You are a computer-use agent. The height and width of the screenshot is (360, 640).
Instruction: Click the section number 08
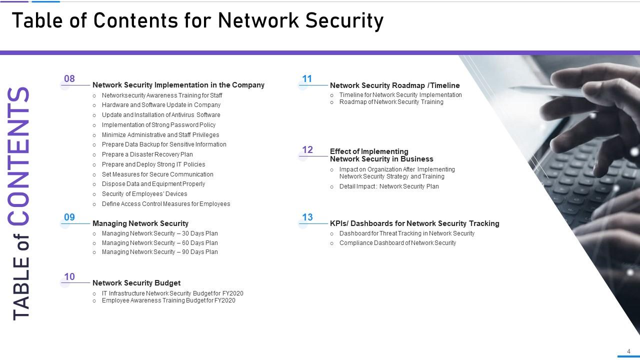point(69,79)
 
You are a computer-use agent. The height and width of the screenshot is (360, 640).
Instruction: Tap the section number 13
point(307,217)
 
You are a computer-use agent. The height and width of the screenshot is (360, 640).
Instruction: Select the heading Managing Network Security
point(140,223)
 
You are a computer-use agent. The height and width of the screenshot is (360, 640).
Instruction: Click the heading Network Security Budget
point(136,283)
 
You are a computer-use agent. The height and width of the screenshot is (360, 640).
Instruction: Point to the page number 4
point(628,351)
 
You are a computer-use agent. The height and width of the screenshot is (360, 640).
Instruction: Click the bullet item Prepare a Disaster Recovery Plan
point(147,154)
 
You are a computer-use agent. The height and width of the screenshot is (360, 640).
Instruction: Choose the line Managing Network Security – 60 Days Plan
point(159,243)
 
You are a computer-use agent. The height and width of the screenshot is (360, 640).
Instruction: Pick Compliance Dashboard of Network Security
point(397,243)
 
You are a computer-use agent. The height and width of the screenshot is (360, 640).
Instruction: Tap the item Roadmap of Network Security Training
point(391,102)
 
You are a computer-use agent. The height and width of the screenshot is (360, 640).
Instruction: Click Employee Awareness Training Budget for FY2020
point(168,300)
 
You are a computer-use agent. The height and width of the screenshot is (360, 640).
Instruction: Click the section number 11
point(307,79)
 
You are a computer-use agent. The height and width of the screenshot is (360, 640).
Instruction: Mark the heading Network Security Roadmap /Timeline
point(394,85)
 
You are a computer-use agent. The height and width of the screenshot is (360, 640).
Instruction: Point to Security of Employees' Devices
point(144,194)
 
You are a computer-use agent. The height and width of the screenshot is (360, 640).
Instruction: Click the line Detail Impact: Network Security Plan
point(389,186)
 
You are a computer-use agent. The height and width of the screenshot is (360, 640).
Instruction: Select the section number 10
point(69,277)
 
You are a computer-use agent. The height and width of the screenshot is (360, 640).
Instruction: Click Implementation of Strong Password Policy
point(158,125)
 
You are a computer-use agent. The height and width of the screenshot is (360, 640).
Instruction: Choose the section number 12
point(307,150)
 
